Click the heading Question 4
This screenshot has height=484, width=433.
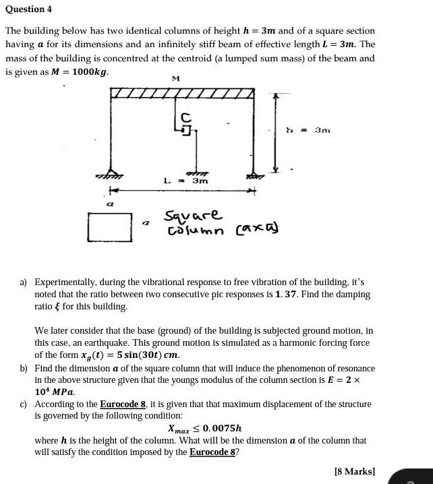coord(28,9)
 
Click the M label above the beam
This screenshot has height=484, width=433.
coord(175,79)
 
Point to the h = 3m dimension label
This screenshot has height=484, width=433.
coord(308,130)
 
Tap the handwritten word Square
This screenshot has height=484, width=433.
coord(193,216)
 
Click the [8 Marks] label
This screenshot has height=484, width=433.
coord(355,472)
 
